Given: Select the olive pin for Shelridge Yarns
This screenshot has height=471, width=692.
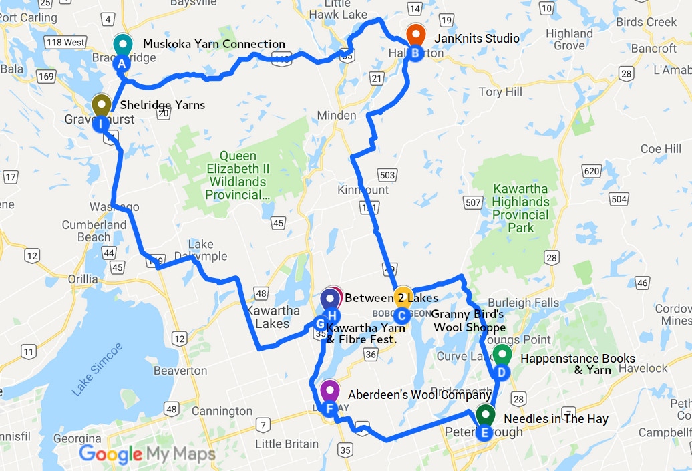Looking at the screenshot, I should (101, 105).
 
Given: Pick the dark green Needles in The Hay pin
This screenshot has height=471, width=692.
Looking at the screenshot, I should (486, 414).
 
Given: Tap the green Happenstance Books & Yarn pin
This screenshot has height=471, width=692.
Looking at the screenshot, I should (502, 355).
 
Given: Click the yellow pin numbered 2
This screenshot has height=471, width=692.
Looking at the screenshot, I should (401, 297).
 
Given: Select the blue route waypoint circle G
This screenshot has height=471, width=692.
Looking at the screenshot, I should (319, 324).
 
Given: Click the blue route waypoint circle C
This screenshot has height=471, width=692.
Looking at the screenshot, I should (401, 315).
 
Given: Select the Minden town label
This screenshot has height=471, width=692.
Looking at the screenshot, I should (337, 116).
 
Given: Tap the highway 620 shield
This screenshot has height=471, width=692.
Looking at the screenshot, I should (590, 172).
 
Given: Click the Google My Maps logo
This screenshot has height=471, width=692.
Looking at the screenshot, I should (148, 454).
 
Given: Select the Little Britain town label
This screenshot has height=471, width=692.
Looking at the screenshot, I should (287, 444).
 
